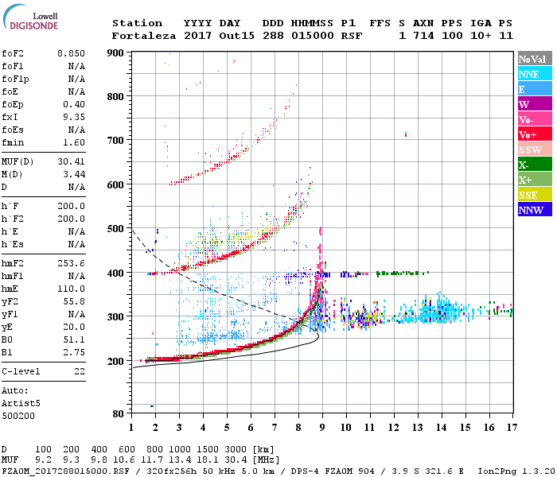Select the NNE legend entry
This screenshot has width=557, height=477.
(x=534, y=74)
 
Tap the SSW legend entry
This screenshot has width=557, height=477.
(x=534, y=149)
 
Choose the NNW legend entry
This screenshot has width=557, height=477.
(x=534, y=210)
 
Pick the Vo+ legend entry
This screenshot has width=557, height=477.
(x=534, y=134)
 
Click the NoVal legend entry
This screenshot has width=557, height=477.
(x=534, y=59)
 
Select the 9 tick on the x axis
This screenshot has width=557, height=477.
(x=321, y=427)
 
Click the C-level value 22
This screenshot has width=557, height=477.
(x=80, y=371)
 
